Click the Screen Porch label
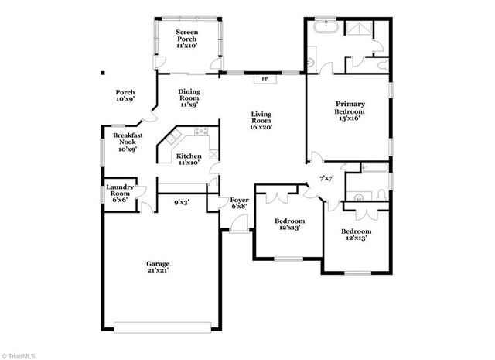186,39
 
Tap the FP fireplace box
264,78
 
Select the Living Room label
261,121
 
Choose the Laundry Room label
121,193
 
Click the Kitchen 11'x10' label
189,159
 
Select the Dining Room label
189,98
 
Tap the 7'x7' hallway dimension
328,179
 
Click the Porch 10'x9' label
125,95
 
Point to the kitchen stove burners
202,131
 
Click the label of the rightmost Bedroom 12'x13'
357,235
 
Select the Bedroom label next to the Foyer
288,224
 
